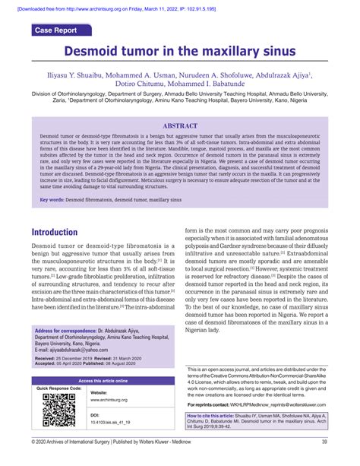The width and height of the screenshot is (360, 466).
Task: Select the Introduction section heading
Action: click(x=65, y=232)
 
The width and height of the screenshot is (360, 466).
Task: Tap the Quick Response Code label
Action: click(x=58, y=388)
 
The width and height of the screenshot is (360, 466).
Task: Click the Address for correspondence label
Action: click(x=69, y=331)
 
